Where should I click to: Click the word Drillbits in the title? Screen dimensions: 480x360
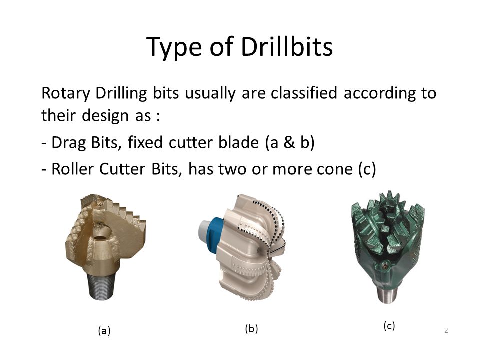(287, 47)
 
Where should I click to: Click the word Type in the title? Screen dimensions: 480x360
(174, 48)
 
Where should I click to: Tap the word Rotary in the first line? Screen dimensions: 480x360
(66, 93)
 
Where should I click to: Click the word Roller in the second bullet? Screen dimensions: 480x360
(72, 169)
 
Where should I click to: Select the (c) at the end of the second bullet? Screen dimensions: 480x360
(367, 170)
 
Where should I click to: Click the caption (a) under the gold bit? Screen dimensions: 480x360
(104, 331)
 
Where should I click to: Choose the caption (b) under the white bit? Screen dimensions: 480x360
(251, 329)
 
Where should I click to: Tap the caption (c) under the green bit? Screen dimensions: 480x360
(389, 326)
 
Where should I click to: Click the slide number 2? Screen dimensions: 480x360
(446, 330)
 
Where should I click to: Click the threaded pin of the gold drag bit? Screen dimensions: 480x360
(101, 286)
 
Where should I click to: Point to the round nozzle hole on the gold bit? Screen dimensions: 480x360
(100, 237)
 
